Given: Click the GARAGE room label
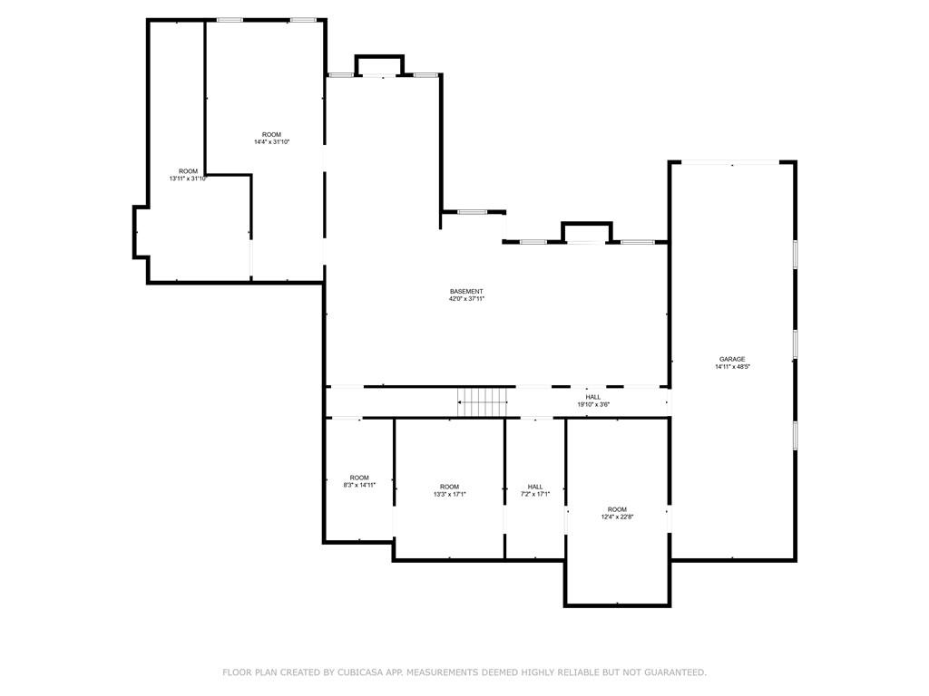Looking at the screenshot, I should click(732, 359).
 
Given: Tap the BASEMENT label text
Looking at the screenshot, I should click(466, 292).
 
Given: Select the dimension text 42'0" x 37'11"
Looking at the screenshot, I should click(466, 299).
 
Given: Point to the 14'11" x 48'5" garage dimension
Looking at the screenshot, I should click(732, 366).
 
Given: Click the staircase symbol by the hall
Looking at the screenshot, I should click(483, 401).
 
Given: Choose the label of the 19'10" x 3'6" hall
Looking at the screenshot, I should click(592, 397).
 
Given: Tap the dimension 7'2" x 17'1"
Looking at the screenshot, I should click(535, 494).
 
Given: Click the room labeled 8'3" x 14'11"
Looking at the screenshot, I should click(359, 485).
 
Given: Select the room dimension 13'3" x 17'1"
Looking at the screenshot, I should click(449, 494).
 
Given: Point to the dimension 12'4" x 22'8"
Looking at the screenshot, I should click(617, 517).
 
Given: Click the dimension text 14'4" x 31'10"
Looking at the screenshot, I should click(271, 141).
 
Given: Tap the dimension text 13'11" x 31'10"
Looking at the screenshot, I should click(188, 179).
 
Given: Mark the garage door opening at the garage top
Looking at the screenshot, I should click(730, 163).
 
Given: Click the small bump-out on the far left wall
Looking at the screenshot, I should click(141, 232).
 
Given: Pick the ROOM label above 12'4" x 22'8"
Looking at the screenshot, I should click(617, 509).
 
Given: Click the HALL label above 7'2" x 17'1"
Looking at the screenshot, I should click(535, 487).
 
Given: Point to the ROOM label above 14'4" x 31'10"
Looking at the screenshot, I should click(271, 134).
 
